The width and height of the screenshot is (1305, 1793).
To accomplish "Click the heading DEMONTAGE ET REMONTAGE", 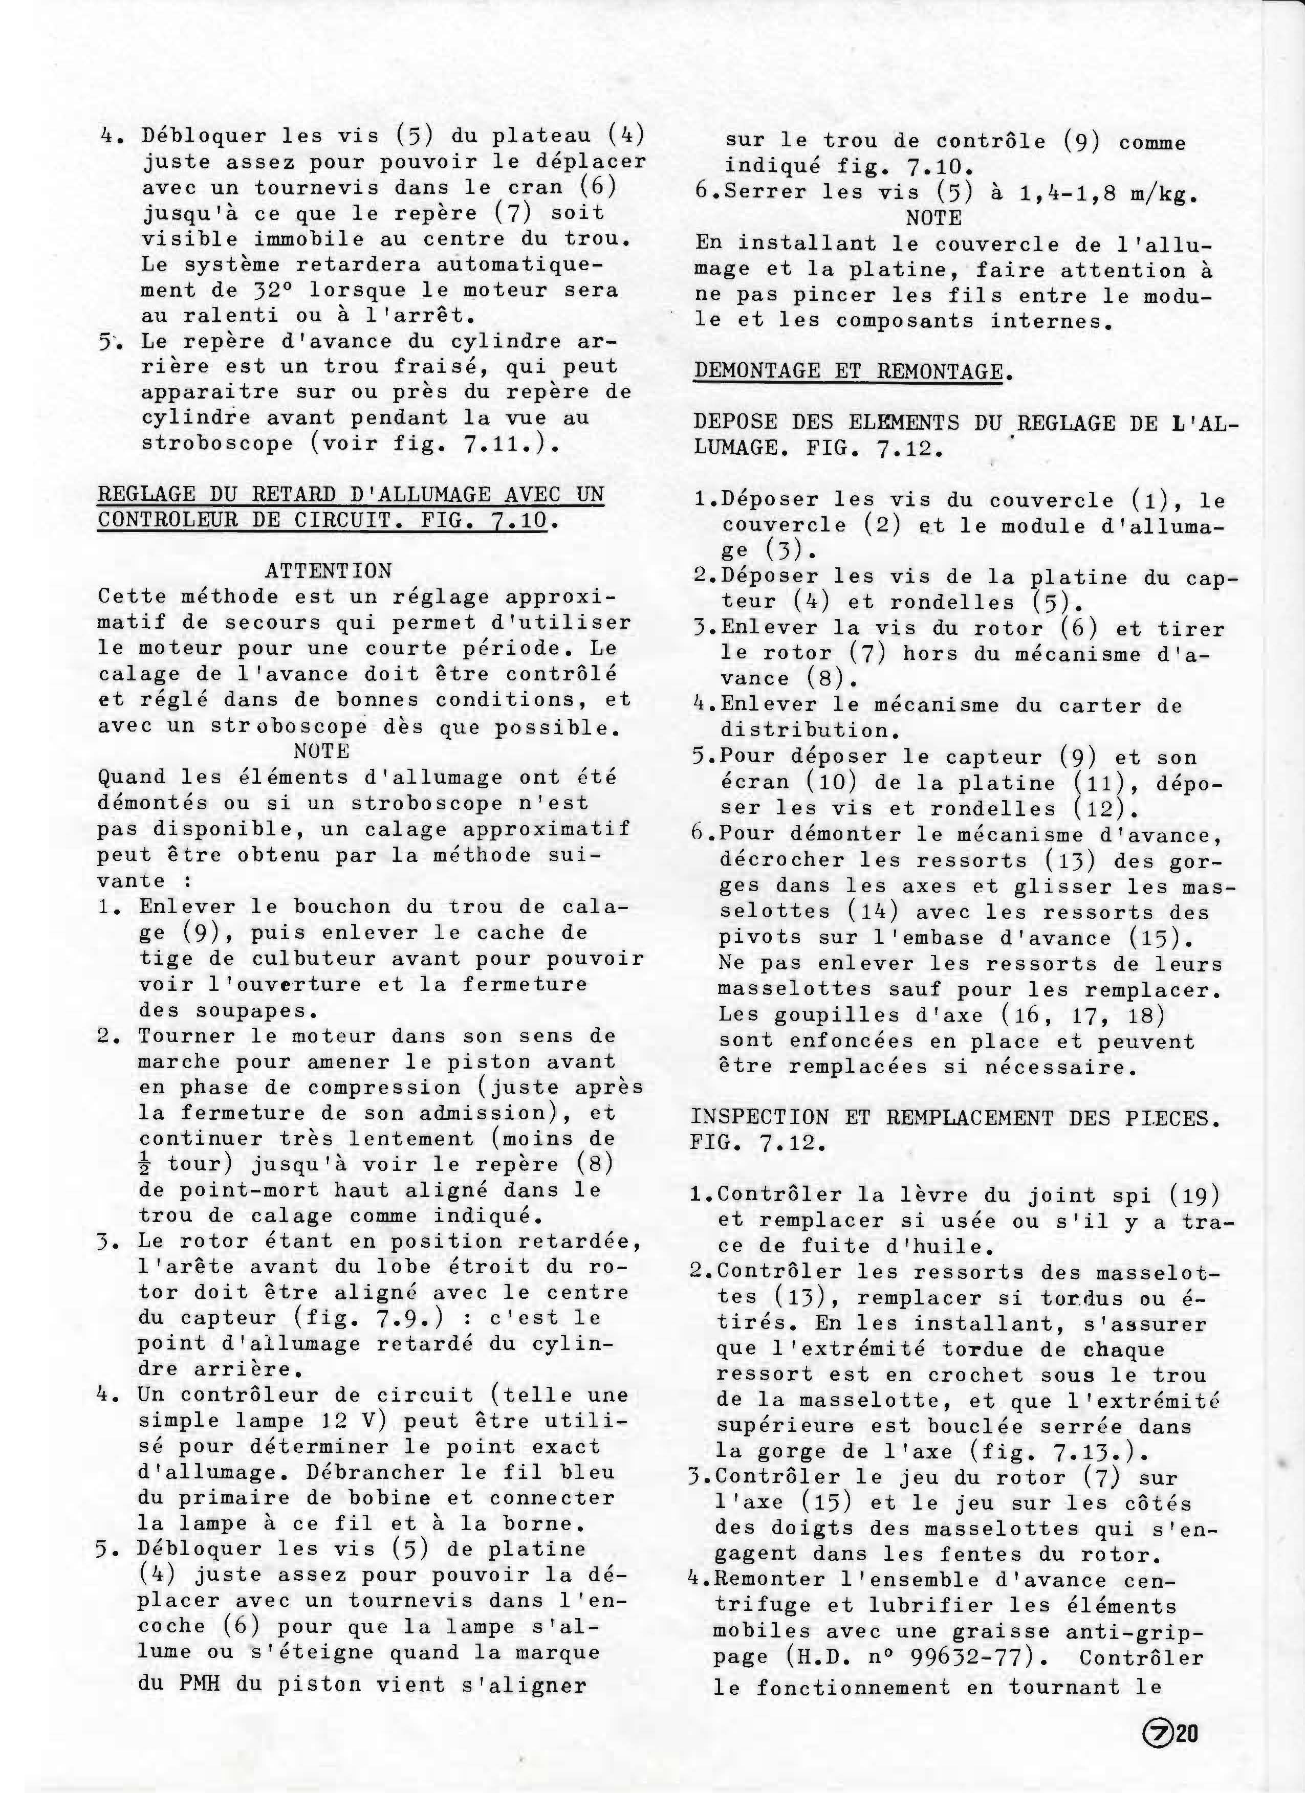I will tap(848, 371).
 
